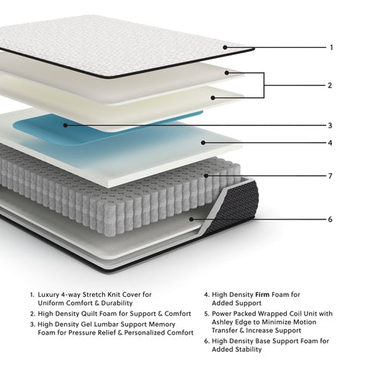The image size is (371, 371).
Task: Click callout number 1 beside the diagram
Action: click(331, 47)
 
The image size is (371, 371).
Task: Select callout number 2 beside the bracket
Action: click(331, 85)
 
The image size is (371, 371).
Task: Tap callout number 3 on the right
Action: click(331, 125)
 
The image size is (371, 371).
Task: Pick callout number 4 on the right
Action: click(331, 142)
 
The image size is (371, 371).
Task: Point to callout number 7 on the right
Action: click(331, 176)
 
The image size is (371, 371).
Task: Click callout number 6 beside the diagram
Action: click(331, 220)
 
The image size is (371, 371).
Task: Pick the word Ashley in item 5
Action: click(225, 323)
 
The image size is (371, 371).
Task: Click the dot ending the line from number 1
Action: click(225, 47)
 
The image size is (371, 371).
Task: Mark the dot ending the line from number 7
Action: click(206, 176)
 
